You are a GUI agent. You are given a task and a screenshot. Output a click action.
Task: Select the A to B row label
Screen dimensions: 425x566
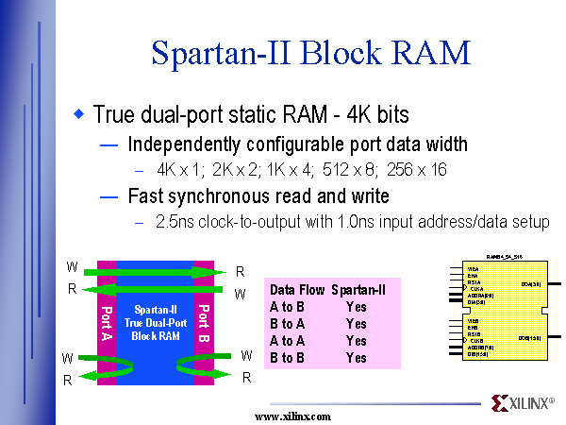click(287, 307)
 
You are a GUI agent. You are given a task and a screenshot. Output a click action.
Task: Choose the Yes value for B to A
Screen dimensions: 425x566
click(356, 324)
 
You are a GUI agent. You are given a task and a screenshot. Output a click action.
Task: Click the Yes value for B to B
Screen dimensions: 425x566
click(356, 358)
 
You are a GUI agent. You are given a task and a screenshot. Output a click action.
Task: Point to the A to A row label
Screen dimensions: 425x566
click(287, 341)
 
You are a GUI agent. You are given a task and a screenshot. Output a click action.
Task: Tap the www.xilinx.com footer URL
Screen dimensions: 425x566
click(293, 416)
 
